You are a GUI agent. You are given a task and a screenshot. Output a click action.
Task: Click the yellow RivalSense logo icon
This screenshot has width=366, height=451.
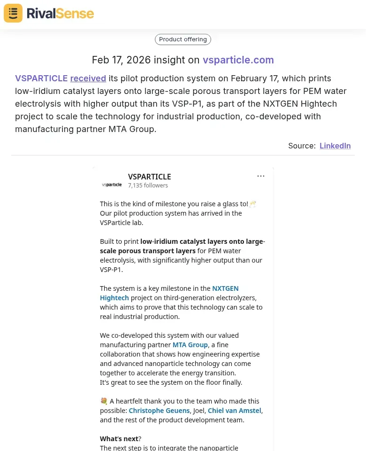(x=13, y=13)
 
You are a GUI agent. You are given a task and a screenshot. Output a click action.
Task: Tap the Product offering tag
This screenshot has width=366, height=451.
(x=183, y=39)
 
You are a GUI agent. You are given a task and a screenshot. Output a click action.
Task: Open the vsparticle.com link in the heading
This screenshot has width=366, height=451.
(x=238, y=60)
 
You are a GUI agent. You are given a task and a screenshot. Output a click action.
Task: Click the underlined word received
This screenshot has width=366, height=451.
(x=88, y=78)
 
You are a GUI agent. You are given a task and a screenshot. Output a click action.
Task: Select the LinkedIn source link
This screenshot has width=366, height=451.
(x=335, y=146)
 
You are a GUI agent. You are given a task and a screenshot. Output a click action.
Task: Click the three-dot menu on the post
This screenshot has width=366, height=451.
(x=261, y=176)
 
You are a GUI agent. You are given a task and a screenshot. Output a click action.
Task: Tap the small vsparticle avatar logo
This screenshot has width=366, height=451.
(x=112, y=185)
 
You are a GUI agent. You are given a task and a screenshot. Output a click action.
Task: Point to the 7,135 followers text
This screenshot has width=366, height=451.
(x=148, y=186)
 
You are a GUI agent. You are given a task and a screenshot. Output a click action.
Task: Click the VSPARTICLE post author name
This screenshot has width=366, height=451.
(x=149, y=177)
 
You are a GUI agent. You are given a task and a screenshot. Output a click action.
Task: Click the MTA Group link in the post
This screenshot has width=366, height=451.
(x=190, y=345)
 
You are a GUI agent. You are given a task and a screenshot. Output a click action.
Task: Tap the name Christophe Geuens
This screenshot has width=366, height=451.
(x=159, y=411)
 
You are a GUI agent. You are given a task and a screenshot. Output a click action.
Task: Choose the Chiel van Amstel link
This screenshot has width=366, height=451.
(x=235, y=411)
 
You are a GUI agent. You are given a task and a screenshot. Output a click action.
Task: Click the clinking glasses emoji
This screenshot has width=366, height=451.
(x=253, y=204)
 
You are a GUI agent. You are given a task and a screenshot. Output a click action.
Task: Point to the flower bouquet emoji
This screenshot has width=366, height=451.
(x=104, y=401)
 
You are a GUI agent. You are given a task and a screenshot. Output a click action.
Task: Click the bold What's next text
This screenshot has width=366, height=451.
(x=119, y=439)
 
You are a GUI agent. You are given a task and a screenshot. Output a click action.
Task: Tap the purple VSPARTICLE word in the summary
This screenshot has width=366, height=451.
(x=41, y=78)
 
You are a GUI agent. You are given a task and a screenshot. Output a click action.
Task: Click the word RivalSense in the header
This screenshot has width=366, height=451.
(x=60, y=13)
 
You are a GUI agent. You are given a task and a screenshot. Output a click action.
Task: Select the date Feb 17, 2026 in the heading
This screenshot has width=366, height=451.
(x=121, y=60)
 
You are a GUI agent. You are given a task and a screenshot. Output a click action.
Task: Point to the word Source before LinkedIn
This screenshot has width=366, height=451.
(x=302, y=146)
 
